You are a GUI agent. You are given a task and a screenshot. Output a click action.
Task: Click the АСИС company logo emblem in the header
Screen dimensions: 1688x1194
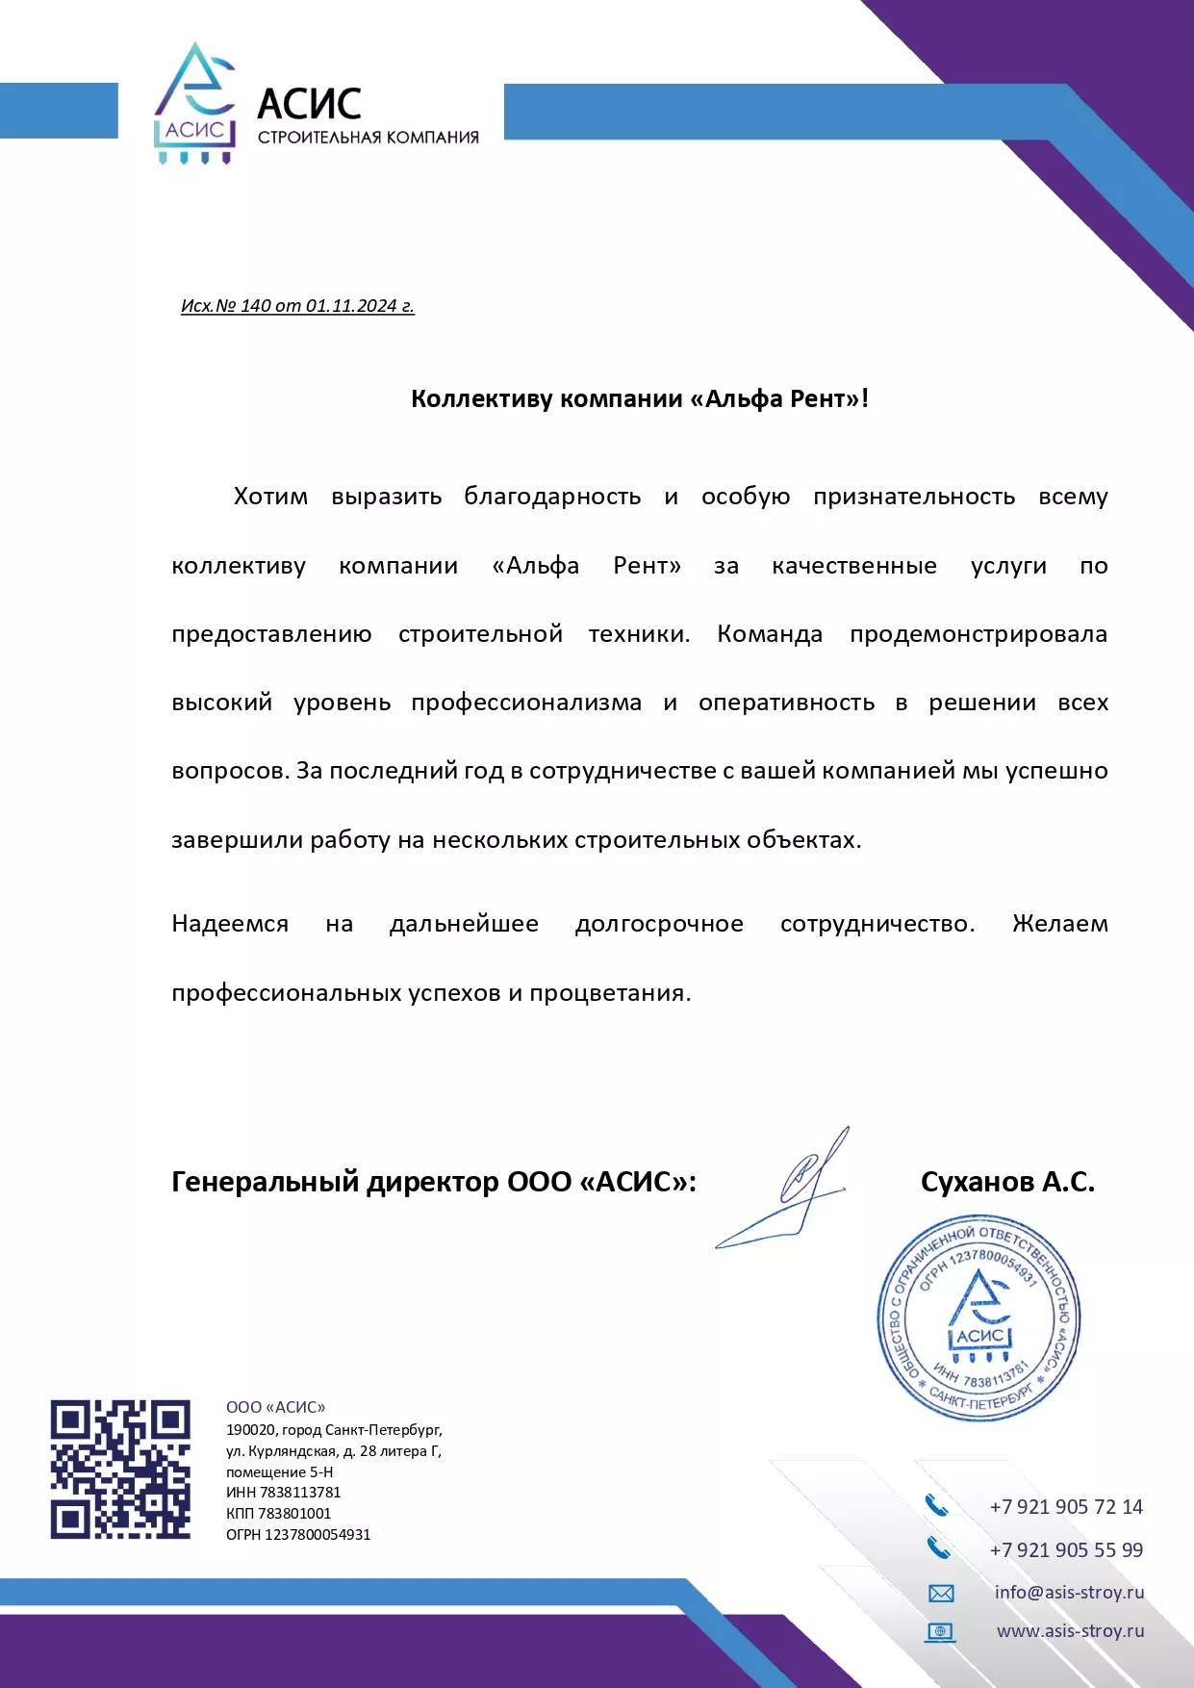(x=195, y=103)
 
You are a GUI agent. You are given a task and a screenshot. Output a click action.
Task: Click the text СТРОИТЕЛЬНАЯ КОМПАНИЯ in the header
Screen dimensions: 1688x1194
(x=368, y=138)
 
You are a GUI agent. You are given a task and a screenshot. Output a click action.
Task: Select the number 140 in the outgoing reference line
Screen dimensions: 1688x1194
(x=255, y=306)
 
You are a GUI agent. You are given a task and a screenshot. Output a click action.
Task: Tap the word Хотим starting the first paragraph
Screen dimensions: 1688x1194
(x=270, y=497)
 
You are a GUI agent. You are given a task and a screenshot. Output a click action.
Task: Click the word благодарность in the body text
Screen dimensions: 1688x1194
(x=552, y=497)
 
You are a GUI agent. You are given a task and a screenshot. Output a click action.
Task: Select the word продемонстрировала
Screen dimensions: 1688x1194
(x=978, y=634)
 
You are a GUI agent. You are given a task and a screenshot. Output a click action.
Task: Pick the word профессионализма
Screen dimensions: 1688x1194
(x=525, y=703)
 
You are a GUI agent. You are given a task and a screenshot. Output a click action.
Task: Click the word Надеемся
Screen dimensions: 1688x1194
(x=230, y=924)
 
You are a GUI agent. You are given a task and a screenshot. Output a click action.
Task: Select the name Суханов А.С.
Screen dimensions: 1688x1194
(x=1007, y=1182)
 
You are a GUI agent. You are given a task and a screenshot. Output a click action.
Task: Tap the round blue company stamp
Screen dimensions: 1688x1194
(x=978, y=1317)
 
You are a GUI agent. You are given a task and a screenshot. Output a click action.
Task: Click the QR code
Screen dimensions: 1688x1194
(x=120, y=1469)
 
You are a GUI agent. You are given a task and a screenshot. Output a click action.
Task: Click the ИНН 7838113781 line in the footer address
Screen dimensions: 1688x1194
(x=283, y=1493)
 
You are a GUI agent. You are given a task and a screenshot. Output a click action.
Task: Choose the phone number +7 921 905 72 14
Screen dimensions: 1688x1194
(x=1066, y=1507)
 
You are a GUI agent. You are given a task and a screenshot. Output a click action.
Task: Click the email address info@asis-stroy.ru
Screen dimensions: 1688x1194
(x=1069, y=1593)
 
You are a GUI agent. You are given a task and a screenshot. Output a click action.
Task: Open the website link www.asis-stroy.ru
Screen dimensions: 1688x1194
(x=1070, y=1631)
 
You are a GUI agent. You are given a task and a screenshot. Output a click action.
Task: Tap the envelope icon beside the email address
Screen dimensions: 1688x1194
(x=940, y=1594)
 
